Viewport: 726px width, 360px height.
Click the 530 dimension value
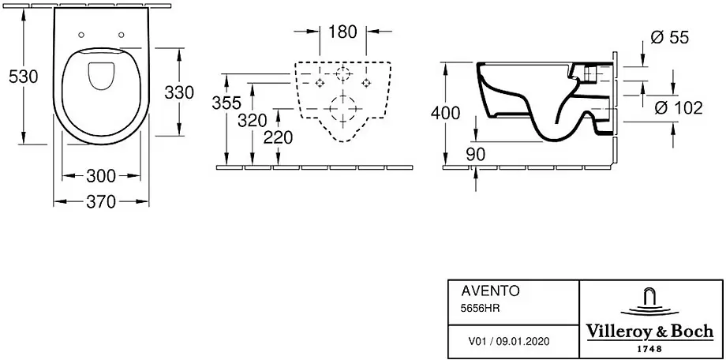point(23,77)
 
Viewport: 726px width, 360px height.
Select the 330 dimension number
point(180,92)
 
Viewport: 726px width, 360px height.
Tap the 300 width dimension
point(101,176)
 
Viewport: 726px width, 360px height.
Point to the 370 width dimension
point(101,201)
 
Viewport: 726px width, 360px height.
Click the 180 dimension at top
point(342,32)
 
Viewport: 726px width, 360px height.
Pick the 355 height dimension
point(226,103)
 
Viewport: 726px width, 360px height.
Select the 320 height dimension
point(253,121)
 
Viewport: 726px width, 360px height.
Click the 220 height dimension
point(279,137)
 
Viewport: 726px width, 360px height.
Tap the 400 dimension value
point(445,113)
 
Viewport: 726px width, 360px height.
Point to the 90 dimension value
point(476,154)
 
